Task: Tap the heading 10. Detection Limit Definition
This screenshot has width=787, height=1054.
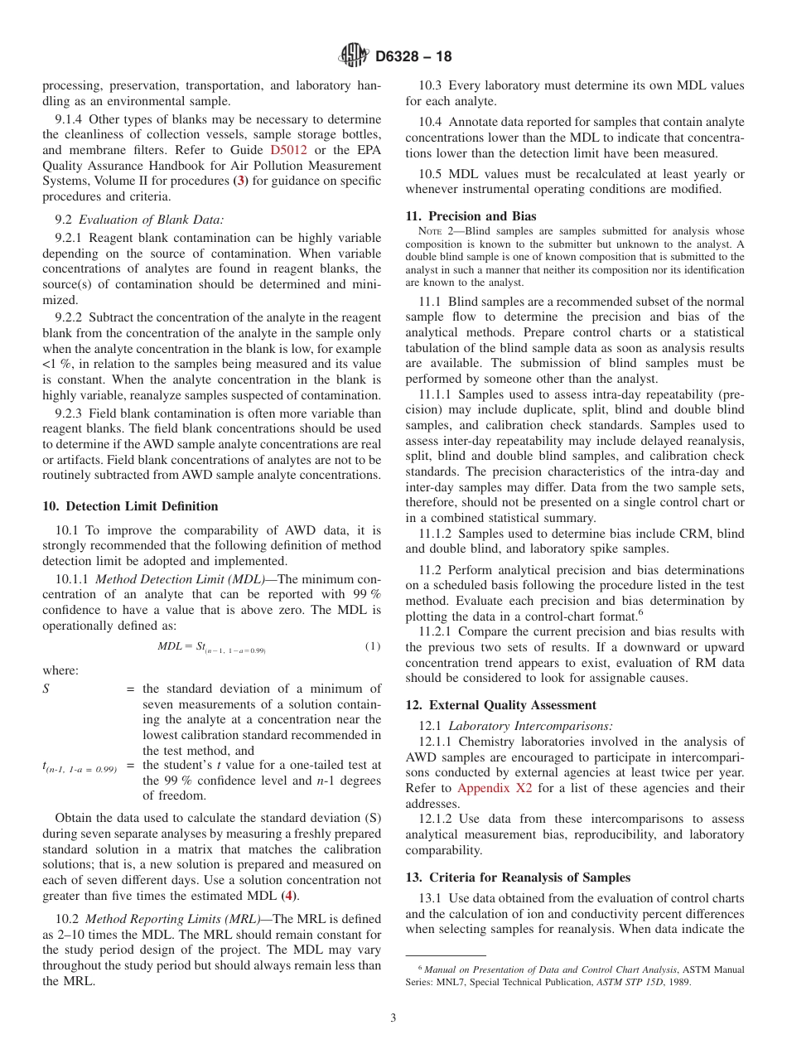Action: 130,506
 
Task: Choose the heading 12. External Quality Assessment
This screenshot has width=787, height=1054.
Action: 500,705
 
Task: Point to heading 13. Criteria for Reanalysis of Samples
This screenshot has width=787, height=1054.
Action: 518,878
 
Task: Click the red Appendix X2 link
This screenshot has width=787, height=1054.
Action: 495,788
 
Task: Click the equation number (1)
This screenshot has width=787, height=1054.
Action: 373,646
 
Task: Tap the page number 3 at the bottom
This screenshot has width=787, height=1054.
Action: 393,1018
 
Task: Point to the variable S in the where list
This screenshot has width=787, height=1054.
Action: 46,689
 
